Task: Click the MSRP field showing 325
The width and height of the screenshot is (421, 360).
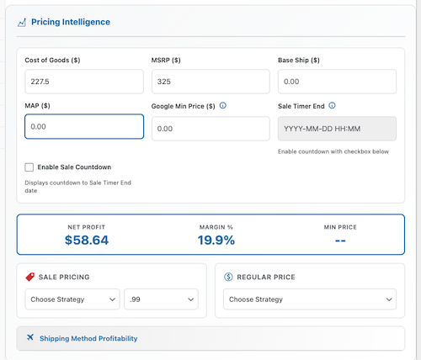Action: pyautogui.click(x=210, y=82)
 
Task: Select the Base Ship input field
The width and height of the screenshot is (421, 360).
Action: pyautogui.click(x=337, y=82)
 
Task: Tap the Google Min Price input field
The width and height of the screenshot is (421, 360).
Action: pyautogui.click(x=210, y=128)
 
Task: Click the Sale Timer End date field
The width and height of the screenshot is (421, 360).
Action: pyautogui.click(x=337, y=128)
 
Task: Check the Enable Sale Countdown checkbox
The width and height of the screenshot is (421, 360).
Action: pyautogui.click(x=29, y=167)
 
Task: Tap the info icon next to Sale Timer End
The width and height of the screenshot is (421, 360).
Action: pyautogui.click(x=333, y=106)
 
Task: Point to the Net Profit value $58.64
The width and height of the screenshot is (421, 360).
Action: pyautogui.click(x=87, y=240)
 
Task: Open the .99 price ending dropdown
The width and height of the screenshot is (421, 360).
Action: pyautogui.click(x=161, y=299)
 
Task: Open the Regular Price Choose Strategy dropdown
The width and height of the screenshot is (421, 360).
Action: pyautogui.click(x=310, y=299)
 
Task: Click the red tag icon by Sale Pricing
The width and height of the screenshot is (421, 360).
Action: pyautogui.click(x=30, y=277)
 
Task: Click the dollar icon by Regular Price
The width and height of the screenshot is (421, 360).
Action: pyautogui.click(x=229, y=277)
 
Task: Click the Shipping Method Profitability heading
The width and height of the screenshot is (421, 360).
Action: pyautogui.click(x=88, y=338)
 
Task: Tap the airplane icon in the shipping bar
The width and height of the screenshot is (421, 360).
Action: pyautogui.click(x=30, y=338)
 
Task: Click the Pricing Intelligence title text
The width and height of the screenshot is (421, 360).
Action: pyautogui.click(x=70, y=22)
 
